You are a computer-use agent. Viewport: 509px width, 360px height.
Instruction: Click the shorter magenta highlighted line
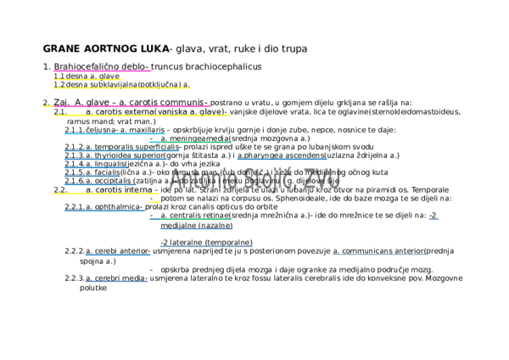coord(102,71)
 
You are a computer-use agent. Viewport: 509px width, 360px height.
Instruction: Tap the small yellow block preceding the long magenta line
coord(48,106)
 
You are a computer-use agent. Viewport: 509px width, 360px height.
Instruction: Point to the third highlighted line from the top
coord(121,87)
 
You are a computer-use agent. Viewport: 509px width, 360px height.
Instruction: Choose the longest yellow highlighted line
coord(141,115)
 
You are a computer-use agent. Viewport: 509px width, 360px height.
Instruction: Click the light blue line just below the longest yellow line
coord(115,133)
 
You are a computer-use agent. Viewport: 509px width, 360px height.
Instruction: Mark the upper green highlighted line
coord(196,142)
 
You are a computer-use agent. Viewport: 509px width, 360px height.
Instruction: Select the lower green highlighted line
coord(196,219)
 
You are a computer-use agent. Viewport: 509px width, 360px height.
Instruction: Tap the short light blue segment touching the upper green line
coord(154,142)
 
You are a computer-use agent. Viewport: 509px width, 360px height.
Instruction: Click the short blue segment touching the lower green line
coord(154,219)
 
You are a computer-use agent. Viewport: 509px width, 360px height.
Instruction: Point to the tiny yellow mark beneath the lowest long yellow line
coord(154,202)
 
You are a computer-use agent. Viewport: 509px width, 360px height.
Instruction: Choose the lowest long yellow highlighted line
coord(105,194)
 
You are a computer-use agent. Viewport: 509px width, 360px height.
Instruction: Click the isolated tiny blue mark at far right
coord(433,219)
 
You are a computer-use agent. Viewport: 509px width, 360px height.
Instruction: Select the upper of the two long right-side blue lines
coord(282,159)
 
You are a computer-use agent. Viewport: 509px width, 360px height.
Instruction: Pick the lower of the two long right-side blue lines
coord(379,255)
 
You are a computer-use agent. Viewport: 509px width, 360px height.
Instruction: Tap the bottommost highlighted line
coord(116,281)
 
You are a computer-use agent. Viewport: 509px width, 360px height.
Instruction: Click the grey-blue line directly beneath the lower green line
coord(196,228)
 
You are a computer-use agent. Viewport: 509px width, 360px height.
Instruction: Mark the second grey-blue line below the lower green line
coord(206,246)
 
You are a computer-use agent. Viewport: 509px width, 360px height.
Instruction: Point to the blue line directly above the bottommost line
coord(118,255)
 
